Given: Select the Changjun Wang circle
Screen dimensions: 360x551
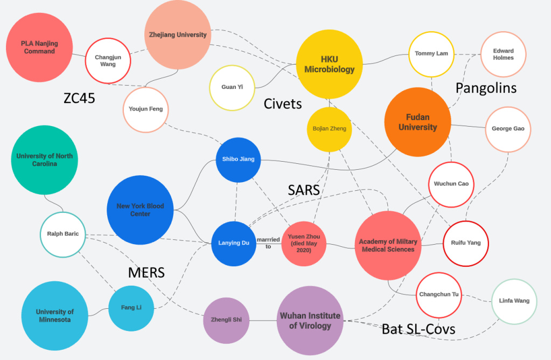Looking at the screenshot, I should (x=108, y=60).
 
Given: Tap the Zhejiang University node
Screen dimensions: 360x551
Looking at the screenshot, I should (x=177, y=35).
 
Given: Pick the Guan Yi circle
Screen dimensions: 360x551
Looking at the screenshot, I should (x=232, y=87).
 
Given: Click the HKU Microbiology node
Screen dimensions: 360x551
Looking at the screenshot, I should (x=329, y=65).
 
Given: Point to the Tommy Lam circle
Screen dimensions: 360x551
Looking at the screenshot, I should (x=431, y=54).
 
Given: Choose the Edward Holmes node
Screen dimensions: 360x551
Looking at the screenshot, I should (x=503, y=54).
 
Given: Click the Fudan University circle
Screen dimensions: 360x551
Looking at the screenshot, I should (x=417, y=122).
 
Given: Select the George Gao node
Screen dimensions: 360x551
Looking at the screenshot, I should (x=507, y=129).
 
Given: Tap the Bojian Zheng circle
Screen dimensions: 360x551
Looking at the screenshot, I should (x=329, y=129).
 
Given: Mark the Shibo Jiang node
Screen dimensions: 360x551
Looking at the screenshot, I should (x=238, y=160).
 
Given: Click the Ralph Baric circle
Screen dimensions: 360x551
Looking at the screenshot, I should (x=63, y=234).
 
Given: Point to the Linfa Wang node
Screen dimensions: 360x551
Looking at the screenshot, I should (x=514, y=301).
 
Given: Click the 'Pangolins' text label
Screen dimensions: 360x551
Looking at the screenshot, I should (x=486, y=87).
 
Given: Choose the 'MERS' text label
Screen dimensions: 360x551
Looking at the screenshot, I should (x=146, y=273).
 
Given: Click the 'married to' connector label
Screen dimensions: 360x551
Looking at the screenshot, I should (x=268, y=243).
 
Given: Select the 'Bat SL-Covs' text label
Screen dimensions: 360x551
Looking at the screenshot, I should (x=419, y=328).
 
